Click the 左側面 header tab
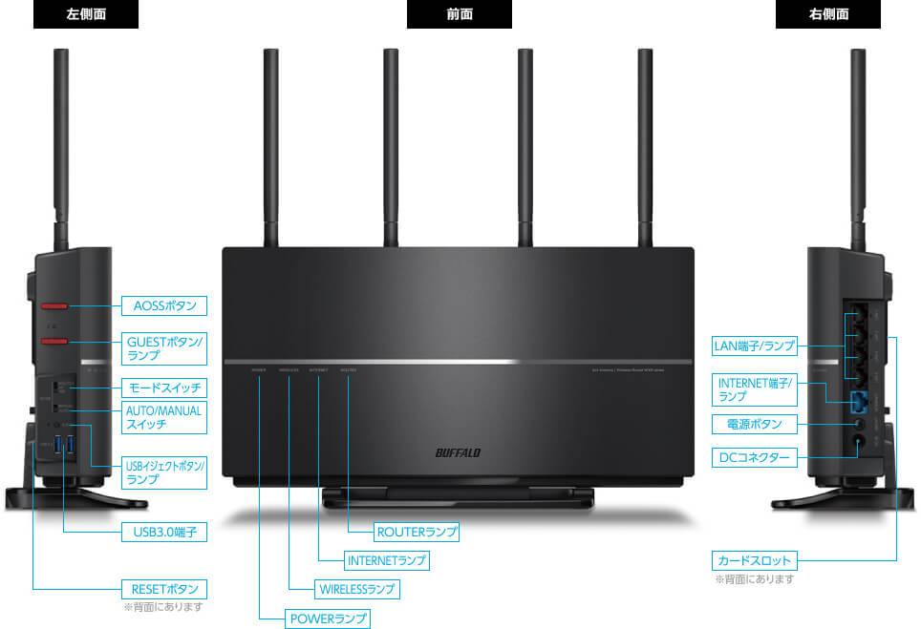(85, 14)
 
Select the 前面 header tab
(459, 14)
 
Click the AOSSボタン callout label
(164, 306)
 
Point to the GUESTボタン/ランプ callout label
(164, 347)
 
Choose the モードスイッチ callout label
(164, 388)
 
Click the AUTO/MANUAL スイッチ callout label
(164, 417)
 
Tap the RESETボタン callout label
(164, 588)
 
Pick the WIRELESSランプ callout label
(356, 589)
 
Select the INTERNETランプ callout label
(386, 560)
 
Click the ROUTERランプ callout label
(417, 532)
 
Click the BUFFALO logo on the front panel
(459, 451)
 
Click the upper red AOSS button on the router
(54, 307)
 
